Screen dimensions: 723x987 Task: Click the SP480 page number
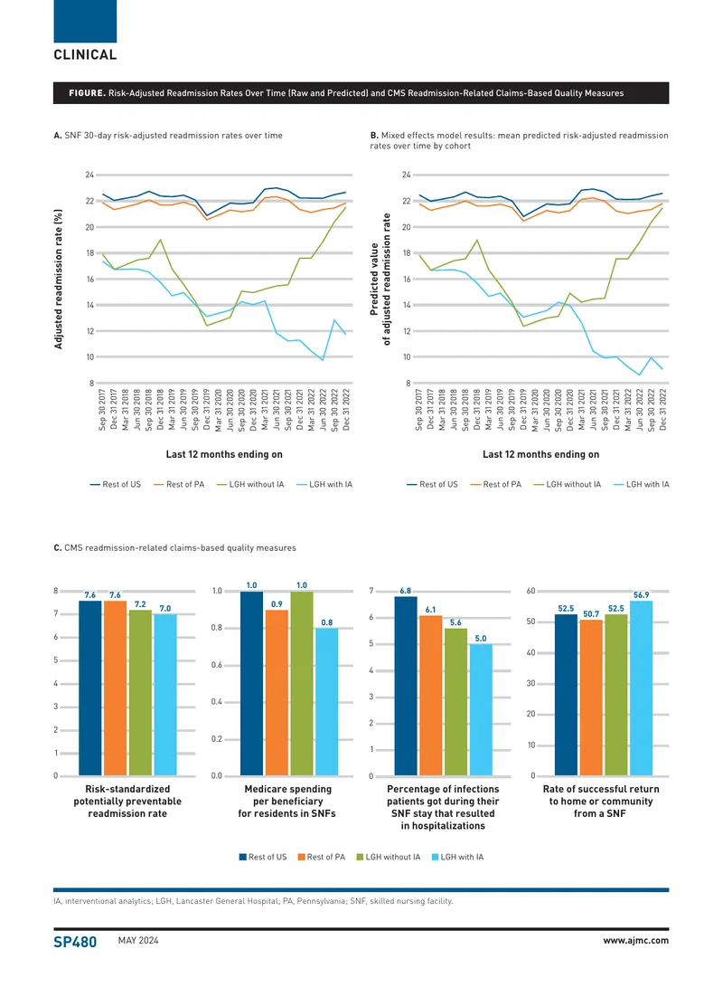pyautogui.click(x=75, y=942)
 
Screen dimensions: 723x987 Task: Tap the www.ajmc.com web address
pyautogui.click(x=635, y=941)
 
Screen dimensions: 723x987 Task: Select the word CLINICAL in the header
pyautogui.click(x=85, y=55)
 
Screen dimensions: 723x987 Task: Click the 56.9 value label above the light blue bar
pyautogui.click(x=642, y=595)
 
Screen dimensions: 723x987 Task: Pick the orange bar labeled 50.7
pyautogui.click(x=591, y=698)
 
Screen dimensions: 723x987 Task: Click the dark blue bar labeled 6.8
pyautogui.click(x=406, y=686)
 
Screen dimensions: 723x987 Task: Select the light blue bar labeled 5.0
pyautogui.click(x=481, y=709)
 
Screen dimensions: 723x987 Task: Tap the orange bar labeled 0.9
pyautogui.click(x=277, y=692)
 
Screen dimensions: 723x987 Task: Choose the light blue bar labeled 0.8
pyautogui.click(x=327, y=702)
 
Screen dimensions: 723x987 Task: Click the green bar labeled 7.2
pyautogui.click(x=140, y=692)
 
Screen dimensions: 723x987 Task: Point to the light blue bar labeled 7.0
pyautogui.click(x=165, y=695)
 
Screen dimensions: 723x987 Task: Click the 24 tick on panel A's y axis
pyautogui.click(x=89, y=175)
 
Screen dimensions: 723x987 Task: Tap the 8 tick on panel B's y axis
pyautogui.click(x=408, y=383)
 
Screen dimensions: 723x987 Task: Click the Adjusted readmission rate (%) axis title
pyautogui.click(x=59, y=279)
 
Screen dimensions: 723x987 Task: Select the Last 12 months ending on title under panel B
pyautogui.click(x=540, y=454)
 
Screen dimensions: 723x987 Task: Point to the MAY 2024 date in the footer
pyautogui.click(x=138, y=941)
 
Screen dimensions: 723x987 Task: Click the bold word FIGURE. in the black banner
pyautogui.click(x=88, y=93)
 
